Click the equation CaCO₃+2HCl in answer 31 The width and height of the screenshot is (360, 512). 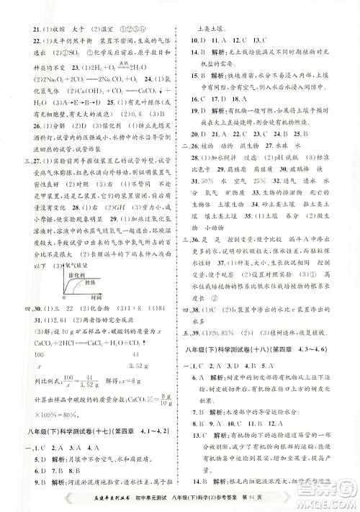pyautogui.click(x=51, y=343)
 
